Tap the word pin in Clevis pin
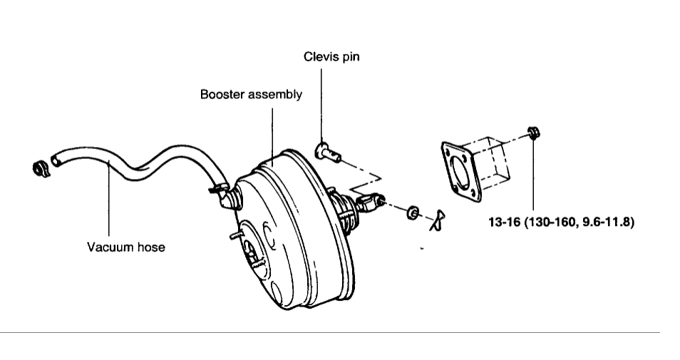(x=349, y=57)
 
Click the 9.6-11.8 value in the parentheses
(x=606, y=222)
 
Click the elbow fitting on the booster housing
(x=229, y=196)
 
